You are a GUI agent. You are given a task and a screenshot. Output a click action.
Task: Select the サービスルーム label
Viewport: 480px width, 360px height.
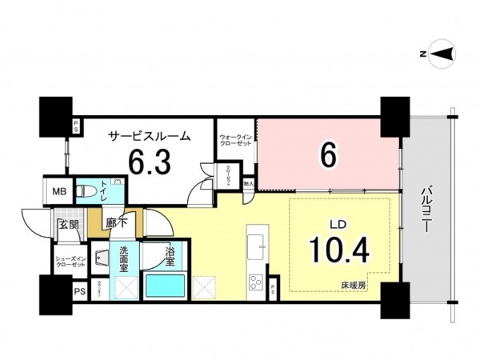point(150,136)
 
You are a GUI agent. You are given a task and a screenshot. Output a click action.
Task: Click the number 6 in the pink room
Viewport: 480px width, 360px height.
point(326,155)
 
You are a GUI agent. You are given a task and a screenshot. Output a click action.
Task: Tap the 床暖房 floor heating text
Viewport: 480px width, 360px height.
point(351,285)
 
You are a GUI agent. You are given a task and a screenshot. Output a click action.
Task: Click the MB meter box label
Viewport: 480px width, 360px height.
point(59,192)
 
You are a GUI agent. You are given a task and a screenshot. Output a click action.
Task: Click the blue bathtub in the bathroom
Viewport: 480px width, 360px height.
point(166,286)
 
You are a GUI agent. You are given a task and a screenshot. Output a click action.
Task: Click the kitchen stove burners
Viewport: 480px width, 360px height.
point(257,282)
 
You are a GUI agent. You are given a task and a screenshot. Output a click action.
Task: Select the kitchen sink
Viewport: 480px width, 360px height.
point(257,248)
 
